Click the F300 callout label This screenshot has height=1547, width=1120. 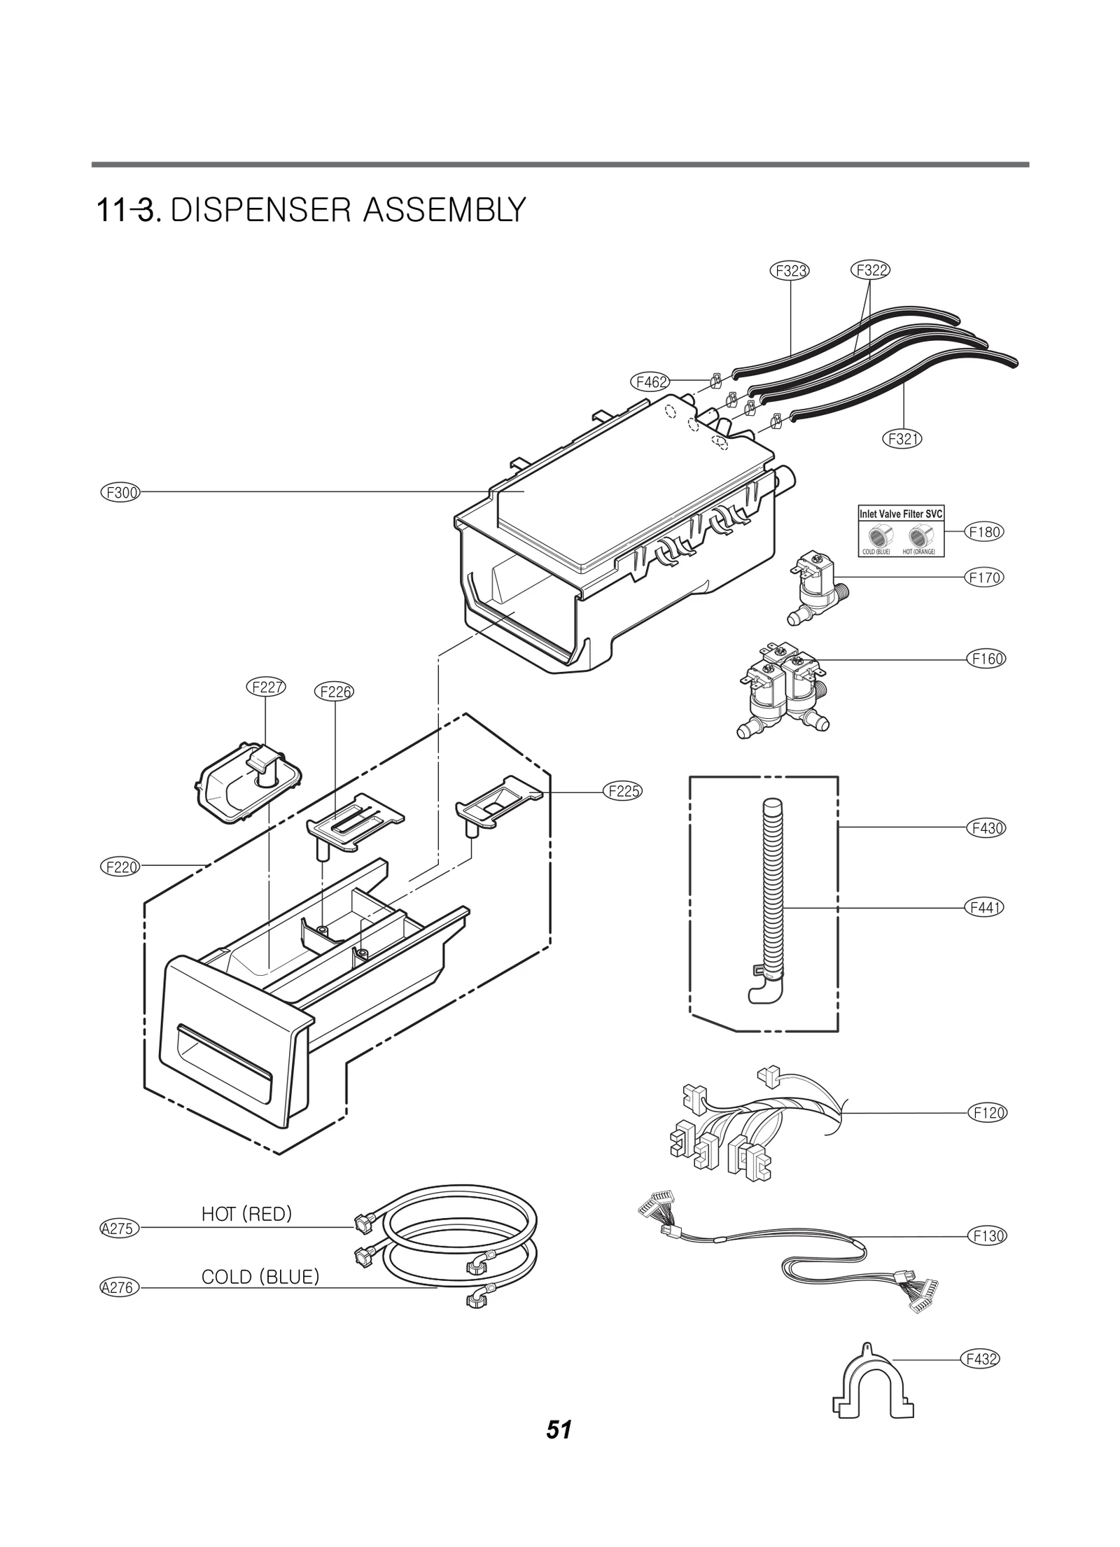tap(120, 492)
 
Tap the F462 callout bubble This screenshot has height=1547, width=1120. tap(650, 381)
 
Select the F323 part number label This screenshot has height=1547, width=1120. tap(790, 271)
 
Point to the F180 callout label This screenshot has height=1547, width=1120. tap(984, 532)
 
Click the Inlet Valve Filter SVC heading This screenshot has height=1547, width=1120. tap(901, 513)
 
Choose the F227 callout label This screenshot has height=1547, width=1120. tap(267, 687)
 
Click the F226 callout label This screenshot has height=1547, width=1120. tap(335, 692)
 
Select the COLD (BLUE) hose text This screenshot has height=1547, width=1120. tap(260, 1277)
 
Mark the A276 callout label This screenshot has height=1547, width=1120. tap(120, 1287)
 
